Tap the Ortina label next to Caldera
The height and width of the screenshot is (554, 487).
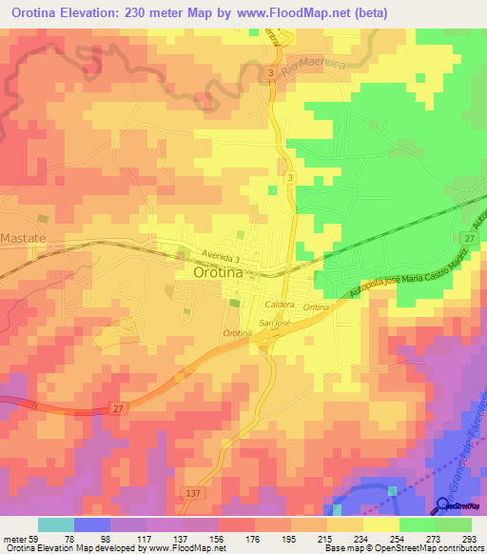(x=315, y=307)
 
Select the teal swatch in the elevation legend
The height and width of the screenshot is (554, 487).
(x=56, y=524)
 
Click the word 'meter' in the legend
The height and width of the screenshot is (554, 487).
(x=11, y=537)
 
